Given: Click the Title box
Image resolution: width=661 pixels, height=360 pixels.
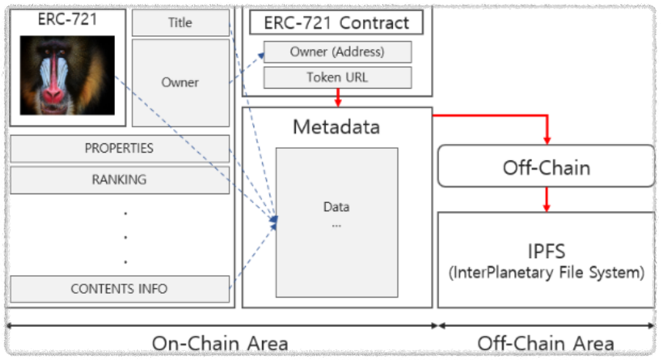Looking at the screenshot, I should pyautogui.click(x=180, y=23).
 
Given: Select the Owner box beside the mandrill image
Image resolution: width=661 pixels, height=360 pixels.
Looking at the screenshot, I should pyautogui.click(x=180, y=82).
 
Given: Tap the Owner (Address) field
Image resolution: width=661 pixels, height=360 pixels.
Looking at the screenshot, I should pyautogui.click(x=337, y=52).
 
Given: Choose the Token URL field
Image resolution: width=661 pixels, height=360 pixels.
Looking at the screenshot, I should pyautogui.click(x=337, y=78).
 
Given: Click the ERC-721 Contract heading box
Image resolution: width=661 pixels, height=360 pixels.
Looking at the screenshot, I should pyautogui.click(x=337, y=22).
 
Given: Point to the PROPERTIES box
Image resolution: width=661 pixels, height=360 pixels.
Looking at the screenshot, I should pyautogui.click(x=119, y=148).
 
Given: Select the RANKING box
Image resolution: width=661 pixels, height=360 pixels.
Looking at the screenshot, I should pyautogui.click(x=119, y=180).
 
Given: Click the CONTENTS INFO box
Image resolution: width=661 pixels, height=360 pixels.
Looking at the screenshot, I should pyautogui.click(x=119, y=289).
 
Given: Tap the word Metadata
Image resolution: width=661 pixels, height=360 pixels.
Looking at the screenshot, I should pyautogui.click(x=337, y=127).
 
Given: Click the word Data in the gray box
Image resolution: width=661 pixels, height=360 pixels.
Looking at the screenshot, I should pyautogui.click(x=337, y=207).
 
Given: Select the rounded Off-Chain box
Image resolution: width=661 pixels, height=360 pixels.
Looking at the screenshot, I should pyautogui.click(x=546, y=167).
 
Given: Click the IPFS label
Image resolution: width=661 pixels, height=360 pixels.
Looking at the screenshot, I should pyautogui.click(x=546, y=251).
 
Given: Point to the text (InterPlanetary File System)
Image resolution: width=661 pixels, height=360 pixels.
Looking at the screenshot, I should pyautogui.click(x=546, y=272).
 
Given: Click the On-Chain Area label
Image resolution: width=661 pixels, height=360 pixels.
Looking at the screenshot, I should pyautogui.click(x=220, y=344).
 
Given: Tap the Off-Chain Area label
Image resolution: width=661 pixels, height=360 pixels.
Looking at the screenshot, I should pyautogui.click(x=546, y=344).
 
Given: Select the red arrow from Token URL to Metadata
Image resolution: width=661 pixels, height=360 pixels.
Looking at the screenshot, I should pyautogui.click(x=337, y=99).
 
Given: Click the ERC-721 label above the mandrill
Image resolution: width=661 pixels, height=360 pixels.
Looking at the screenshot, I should pyautogui.click(x=68, y=19).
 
